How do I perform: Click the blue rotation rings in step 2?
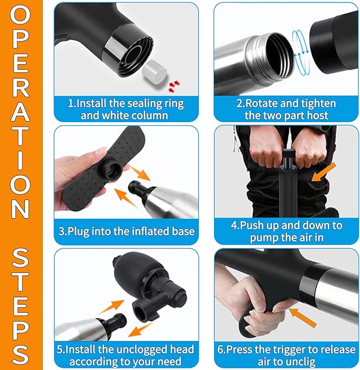coord(300,52)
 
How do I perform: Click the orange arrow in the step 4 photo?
coord(324,172)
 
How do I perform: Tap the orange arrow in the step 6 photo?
coord(303,317)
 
